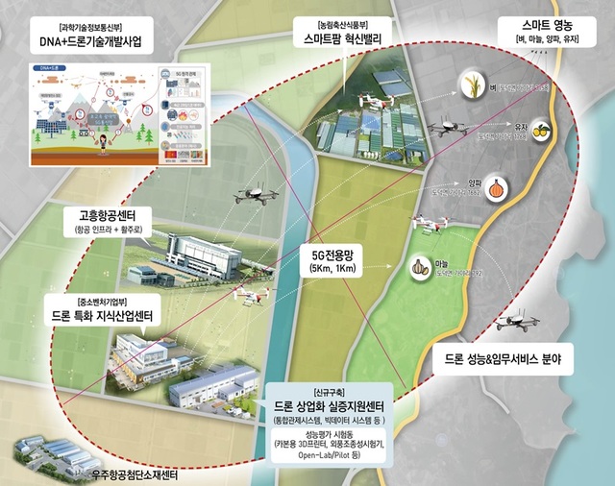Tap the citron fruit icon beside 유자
point(540,130)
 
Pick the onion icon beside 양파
point(495,185)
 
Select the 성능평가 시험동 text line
point(325,437)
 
